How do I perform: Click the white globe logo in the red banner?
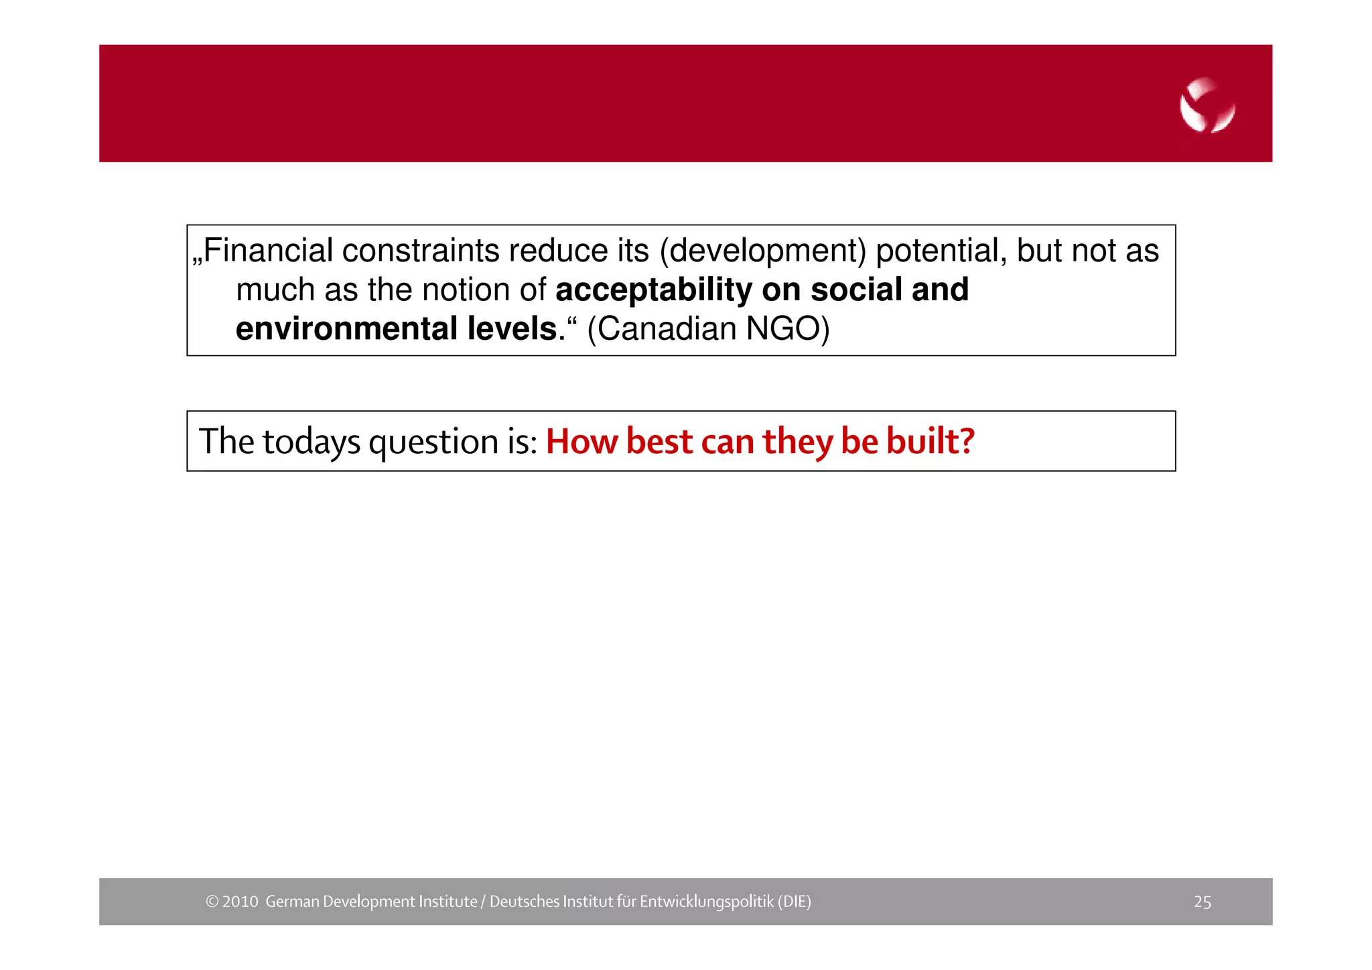(1207, 105)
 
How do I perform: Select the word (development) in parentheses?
(763, 251)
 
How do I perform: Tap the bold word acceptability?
(654, 290)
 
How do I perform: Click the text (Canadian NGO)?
(708, 329)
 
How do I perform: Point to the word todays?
(312, 442)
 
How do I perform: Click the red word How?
(581, 442)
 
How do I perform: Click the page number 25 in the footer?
(1202, 902)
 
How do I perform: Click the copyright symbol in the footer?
(212, 902)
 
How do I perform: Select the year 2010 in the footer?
(240, 902)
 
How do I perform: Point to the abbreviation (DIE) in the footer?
(794, 902)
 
